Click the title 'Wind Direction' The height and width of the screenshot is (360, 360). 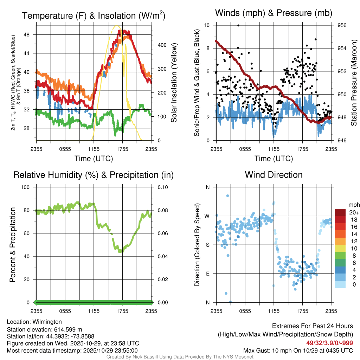point(274,175)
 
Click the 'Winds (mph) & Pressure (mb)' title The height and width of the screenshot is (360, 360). point(274,13)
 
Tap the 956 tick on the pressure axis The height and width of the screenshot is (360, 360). point(342,25)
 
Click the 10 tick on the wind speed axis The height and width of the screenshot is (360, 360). point(207,25)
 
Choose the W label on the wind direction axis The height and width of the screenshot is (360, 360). point(207,216)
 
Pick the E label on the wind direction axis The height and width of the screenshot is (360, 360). point(207,274)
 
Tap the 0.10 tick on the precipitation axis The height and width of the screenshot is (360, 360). point(162,187)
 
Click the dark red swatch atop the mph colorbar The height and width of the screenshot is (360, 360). point(340,212)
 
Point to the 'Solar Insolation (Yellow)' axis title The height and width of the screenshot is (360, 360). point(174,83)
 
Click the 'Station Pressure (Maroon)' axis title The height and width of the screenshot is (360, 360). point(354,83)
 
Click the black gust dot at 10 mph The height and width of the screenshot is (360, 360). point(238,25)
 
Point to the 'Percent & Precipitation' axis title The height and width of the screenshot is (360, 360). point(12,245)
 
